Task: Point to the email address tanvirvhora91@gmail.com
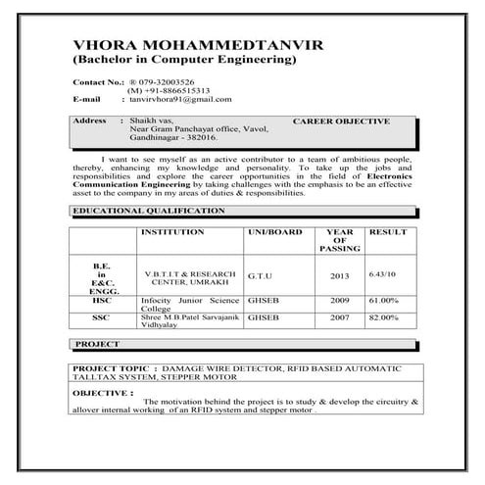coord(180,99)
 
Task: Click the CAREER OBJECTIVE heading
coord(341,121)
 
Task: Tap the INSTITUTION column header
coord(173,232)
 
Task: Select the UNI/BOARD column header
coord(275,232)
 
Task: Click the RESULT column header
coord(387,232)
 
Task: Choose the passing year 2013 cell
coord(339,276)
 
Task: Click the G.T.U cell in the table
coord(262,277)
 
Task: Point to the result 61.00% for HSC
coord(384,301)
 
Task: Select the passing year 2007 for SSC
coord(339,318)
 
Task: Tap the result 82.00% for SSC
coord(384,318)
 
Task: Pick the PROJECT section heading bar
coord(100,345)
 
